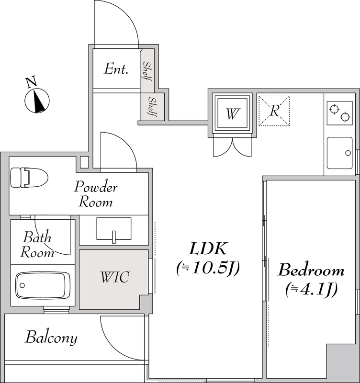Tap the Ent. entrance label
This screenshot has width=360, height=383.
(117, 69)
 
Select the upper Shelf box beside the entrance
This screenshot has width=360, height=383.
(147, 71)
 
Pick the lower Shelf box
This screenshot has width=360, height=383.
(152, 107)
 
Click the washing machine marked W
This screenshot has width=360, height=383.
(233, 114)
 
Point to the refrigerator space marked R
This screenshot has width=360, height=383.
(274, 111)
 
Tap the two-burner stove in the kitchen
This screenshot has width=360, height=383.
(340, 113)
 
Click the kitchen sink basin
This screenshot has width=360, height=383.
(339, 153)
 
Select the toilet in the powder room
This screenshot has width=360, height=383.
(29, 178)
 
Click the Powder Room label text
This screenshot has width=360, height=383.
(96, 194)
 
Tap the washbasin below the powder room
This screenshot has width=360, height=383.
(114, 229)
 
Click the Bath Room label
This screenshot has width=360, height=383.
(38, 244)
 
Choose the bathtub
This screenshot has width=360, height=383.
(43, 286)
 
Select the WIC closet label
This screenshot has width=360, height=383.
(114, 277)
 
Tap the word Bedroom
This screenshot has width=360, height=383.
(311, 270)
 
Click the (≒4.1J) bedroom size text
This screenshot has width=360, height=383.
(311, 289)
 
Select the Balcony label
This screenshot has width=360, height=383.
(51, 338)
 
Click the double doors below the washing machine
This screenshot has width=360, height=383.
(233, 146)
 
